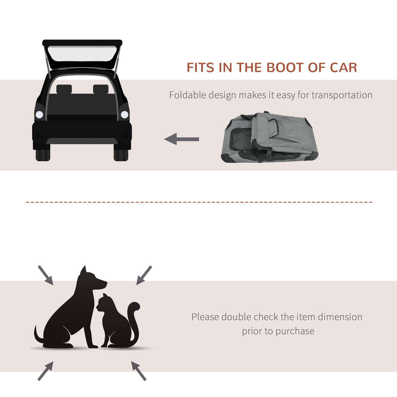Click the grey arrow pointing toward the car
[x=181, y=139]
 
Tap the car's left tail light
[x=39, y=114]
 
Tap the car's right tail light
[x=124, y=114]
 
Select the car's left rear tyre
[x=43, y=155]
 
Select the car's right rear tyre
[x=121, y=155]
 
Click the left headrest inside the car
[x=64, y=89]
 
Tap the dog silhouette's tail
[x=38, y=335]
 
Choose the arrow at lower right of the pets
[x=139, y=371]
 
